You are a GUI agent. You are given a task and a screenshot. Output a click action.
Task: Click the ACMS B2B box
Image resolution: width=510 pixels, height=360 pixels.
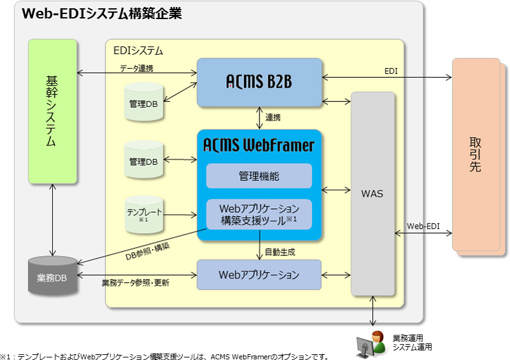[x=259, y=82]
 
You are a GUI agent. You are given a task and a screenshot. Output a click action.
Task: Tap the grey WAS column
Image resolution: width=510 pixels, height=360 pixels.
[x=372, y=194]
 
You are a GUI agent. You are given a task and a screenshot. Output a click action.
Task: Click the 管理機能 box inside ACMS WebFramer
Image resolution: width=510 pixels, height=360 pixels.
[x=259, y=176]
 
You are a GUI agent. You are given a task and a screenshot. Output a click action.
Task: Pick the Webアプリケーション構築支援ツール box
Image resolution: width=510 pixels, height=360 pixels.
[x=259, y=214]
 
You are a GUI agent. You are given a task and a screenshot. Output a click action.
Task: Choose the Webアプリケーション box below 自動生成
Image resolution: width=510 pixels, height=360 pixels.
[x=259, y=275]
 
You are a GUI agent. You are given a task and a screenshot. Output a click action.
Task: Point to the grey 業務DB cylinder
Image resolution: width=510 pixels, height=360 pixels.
[x=52, y=278]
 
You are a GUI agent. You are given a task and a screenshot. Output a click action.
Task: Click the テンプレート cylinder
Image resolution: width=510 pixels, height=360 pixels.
[x=144, y=213]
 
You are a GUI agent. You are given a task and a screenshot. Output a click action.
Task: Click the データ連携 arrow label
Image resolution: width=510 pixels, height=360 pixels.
[x=136, y=68]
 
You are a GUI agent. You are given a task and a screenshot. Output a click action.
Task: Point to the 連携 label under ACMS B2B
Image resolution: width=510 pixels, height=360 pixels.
[x=273, y=118]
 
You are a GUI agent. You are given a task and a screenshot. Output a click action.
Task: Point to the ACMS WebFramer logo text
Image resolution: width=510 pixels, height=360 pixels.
[x=259, y=145]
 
